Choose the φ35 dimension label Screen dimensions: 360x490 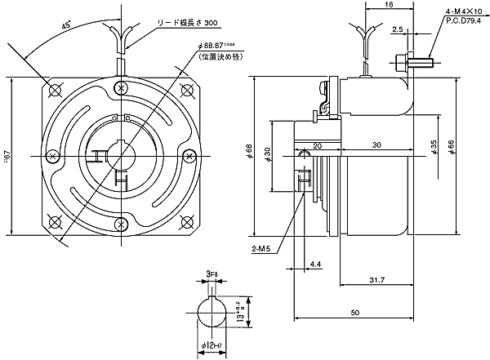[x=434, y=148]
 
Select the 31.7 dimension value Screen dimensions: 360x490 [x=376, y=279]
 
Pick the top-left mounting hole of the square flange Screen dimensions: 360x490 [x=56, y=89]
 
